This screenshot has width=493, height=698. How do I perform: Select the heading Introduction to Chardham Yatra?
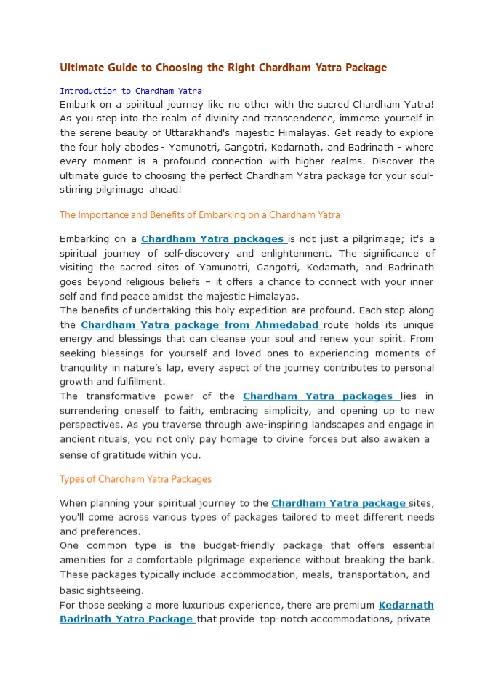[130, 91]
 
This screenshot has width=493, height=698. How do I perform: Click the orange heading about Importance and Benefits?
[199, 214]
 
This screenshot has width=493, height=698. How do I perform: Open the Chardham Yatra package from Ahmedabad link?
[199, 325]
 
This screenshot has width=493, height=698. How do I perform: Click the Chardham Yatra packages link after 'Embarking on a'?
[212, 239]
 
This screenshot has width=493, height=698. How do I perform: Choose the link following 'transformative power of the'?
[318, 396]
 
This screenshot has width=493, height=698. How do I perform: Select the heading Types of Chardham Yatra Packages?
[135, 479]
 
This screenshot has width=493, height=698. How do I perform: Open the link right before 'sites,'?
[338, 503]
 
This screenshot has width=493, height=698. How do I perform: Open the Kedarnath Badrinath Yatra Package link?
[127, 619]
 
